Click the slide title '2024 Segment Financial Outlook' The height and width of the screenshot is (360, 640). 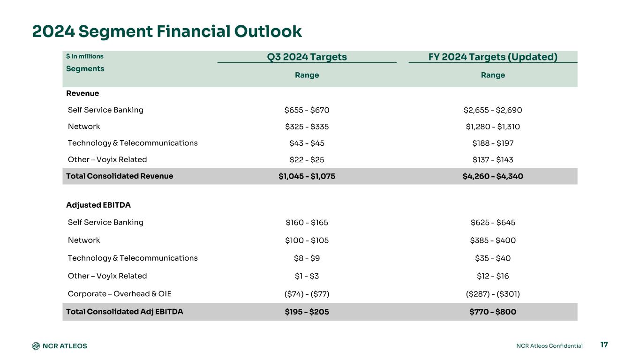(x=167, y=31)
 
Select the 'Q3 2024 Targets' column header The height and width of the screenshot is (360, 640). (x=307, y=57)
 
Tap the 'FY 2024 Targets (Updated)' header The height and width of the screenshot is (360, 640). (x=493, y=57)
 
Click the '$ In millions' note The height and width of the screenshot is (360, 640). (x=85, y=56)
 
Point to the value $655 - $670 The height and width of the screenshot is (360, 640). (x=307, y=110)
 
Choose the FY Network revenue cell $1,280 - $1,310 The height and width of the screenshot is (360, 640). (x=493, y=127)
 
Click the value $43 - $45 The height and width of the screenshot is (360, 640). (x=307, y=143)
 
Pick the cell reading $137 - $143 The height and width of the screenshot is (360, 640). (x=493, y=160)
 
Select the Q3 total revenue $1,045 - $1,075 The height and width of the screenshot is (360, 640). (x=307, y=176)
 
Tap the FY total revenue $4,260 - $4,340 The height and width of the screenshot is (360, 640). (x=493, y=176)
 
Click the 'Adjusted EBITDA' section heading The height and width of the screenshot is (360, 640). (x=98, y=205)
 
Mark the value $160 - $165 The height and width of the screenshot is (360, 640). (x=307, y=223)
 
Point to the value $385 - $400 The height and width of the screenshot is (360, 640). (x=493, y=240)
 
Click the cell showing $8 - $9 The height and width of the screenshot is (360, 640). (x=307, y=258)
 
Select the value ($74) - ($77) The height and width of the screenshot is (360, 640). (x=307, y=294)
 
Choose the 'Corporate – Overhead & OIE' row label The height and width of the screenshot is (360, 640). (x=120, y=294)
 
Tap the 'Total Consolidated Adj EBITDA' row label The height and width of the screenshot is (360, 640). (x=125, y=312)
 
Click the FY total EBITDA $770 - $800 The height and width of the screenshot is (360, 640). (x=493, y=312)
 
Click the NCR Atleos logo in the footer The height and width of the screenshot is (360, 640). (x=60, y=346)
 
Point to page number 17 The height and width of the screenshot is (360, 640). (x=604, y=345)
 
